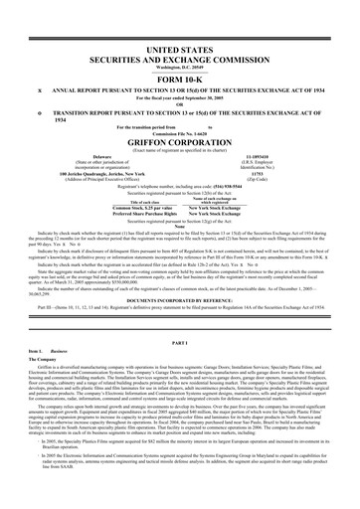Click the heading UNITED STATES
click(x=180, y=20)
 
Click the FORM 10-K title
click(x=180, y=52)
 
